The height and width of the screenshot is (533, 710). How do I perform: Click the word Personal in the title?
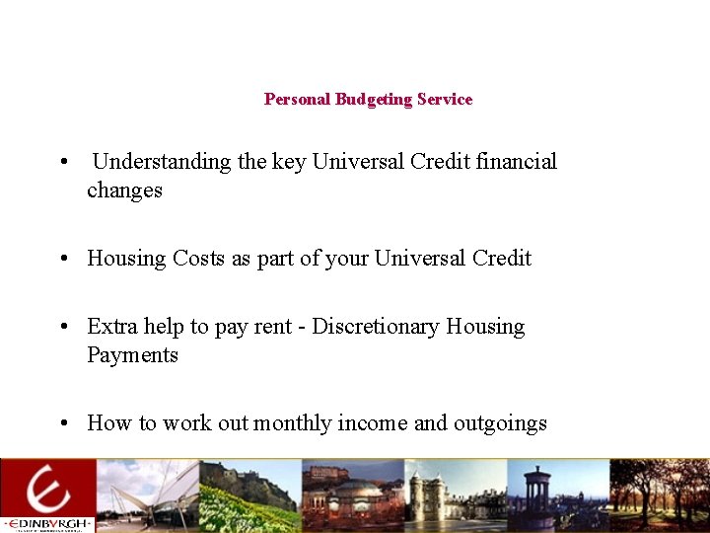(297, 100)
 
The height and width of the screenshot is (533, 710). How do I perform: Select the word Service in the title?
(445, 100)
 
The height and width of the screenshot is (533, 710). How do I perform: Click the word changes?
(124, 190)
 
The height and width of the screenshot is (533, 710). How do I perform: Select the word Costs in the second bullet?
(199, 259)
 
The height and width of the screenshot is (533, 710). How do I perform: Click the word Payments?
(132, 355)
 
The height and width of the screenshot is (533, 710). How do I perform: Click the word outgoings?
(500, 424)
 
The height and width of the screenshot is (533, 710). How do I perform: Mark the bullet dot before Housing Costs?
(63, 259)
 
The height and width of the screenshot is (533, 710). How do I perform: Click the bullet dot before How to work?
(63, 423)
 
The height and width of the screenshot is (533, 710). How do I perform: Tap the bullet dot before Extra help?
(63, 327)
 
